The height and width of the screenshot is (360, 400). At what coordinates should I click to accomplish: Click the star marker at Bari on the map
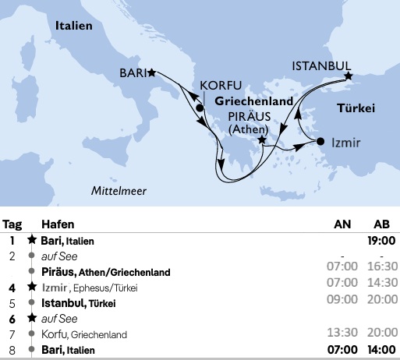tap(152, 72)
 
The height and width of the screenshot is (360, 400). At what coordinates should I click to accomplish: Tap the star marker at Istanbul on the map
tap(349, 76)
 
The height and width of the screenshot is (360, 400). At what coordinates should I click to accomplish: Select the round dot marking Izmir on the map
tap(320, 141)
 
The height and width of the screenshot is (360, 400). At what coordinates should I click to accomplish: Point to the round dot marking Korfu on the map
tap(200, 108)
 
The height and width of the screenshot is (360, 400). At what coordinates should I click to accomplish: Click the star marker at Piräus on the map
tap(263, 141)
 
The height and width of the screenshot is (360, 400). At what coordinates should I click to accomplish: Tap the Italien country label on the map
tap(74, 26)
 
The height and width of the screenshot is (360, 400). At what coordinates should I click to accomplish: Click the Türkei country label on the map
tap(355, 107)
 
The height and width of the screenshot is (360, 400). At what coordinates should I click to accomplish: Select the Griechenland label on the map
tap(253, 101)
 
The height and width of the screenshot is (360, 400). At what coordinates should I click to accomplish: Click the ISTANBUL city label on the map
tap(320, 66)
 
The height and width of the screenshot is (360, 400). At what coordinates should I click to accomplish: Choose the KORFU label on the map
tap(221, 85)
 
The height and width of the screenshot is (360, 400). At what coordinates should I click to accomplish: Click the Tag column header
tap(12, 223)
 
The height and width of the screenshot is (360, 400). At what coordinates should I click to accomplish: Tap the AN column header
tap(342, 223)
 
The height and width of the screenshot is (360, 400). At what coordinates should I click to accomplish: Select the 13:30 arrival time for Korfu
tap(342, 336)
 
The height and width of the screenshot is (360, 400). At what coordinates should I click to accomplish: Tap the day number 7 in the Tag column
tap(12, 334)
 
